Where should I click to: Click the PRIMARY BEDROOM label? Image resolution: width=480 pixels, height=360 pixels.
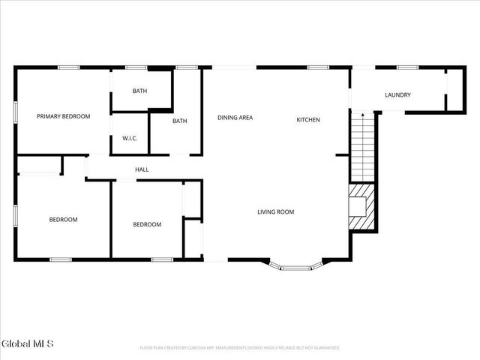(64, 116)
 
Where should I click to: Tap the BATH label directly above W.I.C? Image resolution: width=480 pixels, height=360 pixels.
(140, 91)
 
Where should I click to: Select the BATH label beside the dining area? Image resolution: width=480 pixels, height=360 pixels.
(180, 121)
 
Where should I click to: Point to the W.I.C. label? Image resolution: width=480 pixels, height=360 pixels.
(129, 139)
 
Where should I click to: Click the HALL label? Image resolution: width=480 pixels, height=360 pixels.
(142, 169)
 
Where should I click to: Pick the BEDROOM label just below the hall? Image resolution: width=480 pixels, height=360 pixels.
(147, 224)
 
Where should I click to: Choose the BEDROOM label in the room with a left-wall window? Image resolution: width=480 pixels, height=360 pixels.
(64, 219)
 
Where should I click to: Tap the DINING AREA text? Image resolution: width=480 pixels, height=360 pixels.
(235, 118)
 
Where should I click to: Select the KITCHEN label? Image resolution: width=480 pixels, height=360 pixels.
(308, 120)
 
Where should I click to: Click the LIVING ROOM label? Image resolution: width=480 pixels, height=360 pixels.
(276, 212)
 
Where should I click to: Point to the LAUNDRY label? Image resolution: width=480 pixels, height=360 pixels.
(397, 94)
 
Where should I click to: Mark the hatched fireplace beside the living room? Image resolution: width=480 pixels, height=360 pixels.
(361, 207)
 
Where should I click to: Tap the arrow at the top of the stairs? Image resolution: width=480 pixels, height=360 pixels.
(363, 116)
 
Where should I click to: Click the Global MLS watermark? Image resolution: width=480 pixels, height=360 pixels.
(28, 344)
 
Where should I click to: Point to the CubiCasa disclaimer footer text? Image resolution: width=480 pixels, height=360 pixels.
(240, 348)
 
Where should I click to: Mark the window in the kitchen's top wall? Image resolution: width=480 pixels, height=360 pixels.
(318, 67)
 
